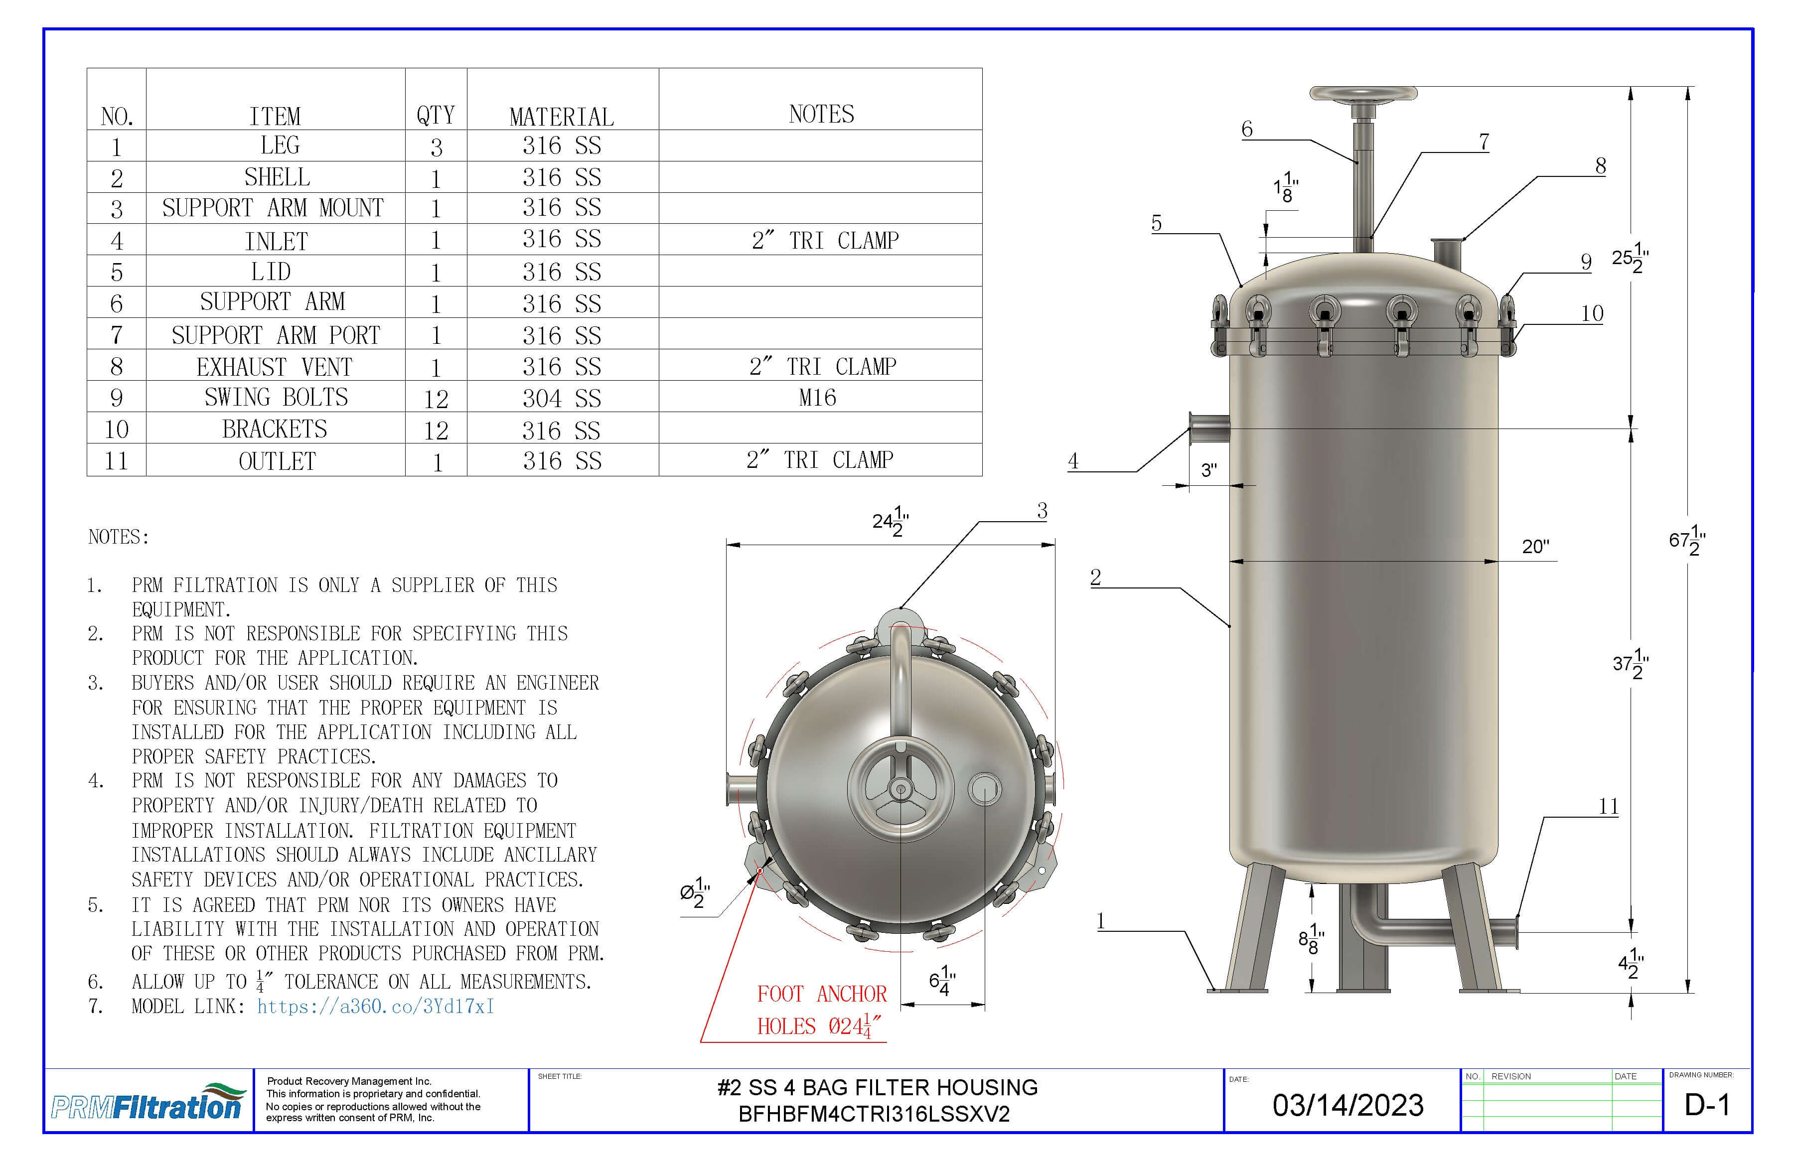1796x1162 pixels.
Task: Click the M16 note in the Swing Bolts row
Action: (x=817, y=398)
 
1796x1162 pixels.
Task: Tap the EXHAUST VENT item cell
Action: (x=275, y=367)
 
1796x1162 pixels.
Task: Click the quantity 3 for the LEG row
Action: (x=436, y=147)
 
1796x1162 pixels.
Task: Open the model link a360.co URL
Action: (x=375, y=1007)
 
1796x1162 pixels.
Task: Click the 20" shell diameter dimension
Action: (x=1535, y=546)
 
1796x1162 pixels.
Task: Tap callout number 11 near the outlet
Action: (x=1608, y=807)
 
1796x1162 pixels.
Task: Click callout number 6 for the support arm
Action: (x=1247, y=130)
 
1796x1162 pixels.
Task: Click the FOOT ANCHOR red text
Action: (x=822, y=994)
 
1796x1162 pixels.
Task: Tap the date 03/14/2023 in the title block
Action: (x=1348, y=1105)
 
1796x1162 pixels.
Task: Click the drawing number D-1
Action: (x=1707, y=1105)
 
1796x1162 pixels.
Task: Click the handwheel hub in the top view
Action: (x=900, y=790)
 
